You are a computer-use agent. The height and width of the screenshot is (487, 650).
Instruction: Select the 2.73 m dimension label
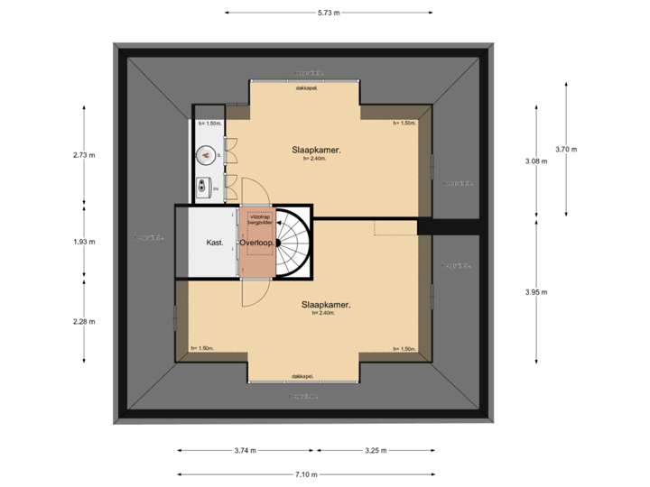(x=84, y=155)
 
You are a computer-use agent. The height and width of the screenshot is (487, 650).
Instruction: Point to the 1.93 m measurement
(x=84, y=241)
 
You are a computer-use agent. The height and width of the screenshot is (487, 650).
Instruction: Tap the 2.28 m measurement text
(x=84, y=320)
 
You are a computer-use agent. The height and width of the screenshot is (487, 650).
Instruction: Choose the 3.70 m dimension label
(x=566, y=149)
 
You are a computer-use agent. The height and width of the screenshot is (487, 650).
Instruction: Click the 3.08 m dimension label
(x=535, y=161)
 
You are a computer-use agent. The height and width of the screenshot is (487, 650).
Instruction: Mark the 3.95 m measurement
(x=535, y=291)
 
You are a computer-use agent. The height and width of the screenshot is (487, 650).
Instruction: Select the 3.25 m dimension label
(x=377, y=450)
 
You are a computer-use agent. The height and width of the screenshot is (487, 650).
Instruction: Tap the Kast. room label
(x=214, y=243)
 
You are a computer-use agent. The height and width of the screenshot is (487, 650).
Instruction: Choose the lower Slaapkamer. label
(x=326, y=305)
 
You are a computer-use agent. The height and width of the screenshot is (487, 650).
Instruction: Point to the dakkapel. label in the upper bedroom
(x=305, y=87)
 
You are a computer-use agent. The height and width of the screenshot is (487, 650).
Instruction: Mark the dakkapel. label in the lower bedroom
(x=304, y=376)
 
